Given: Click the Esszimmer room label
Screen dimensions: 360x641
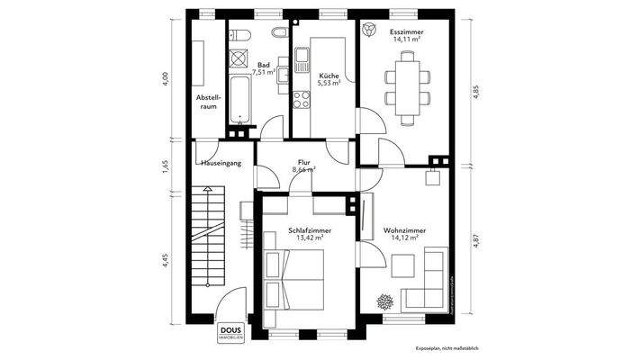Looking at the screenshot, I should (408, 32).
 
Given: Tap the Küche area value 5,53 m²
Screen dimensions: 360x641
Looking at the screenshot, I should (330, 83).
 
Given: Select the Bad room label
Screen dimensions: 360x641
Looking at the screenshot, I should (264, 65).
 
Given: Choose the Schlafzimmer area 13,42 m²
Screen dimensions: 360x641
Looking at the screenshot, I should (310, 238).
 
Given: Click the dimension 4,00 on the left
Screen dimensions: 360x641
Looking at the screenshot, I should (165, 78).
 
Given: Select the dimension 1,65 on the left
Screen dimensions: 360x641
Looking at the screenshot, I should (165, 166).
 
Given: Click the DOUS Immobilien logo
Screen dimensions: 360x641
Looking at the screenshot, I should (230, 332).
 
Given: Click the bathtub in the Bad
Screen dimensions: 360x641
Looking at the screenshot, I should (241, 100).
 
